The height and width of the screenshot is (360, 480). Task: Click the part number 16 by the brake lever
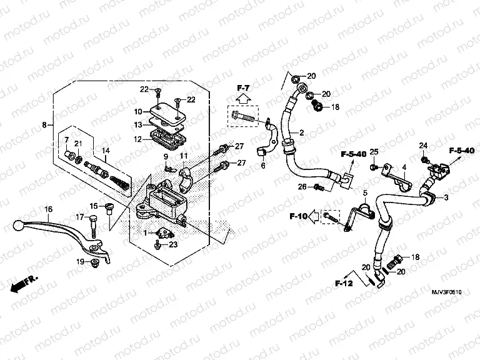coord(48,209)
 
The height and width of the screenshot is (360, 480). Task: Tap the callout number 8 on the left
coord(44,125)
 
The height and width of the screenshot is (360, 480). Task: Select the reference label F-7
coord(242,86)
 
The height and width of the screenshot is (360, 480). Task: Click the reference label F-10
coord(299,216)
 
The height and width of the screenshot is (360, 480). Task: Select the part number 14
coord(106,150)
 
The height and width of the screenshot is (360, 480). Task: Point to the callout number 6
coord(263,166)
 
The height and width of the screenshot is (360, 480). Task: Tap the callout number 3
coord(446,197)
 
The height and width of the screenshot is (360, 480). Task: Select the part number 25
coord(374,152)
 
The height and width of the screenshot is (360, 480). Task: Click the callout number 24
coord(422,146)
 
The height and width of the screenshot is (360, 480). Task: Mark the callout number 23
coord(173,244)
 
